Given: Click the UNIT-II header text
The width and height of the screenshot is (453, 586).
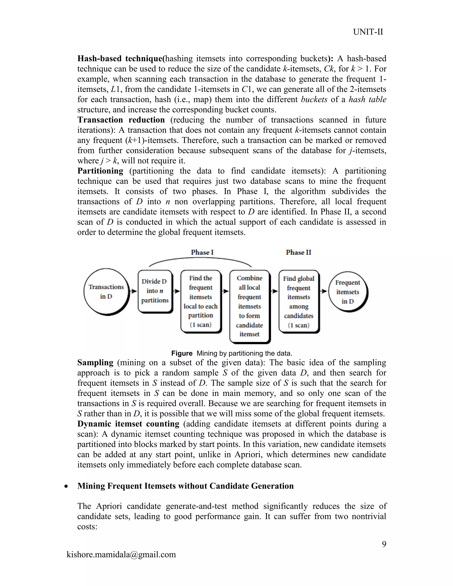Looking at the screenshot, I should pyautogui.click(x=368, y=32).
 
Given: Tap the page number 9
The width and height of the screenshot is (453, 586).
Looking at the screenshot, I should pyautogui.click(x=384, y=544).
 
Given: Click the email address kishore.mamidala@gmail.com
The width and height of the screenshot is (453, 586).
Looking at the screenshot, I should pyautogui.click(x=121, y=554).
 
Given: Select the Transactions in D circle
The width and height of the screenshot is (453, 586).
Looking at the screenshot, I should pyautogui.click(x=106, y=292).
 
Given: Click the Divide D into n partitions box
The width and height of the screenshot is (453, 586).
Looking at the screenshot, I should pyautogui.click(x=155, y=291).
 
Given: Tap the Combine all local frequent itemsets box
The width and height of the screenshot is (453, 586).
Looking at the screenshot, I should pyautogui.click(x=249, y=306).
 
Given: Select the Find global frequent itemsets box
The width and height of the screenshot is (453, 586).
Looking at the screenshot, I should pyautogui.click(x=298, y=301).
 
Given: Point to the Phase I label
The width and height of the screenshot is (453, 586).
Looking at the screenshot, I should pyautogui.click(x=202, y=253).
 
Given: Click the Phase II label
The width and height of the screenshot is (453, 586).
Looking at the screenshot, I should pyautogui.click(x=298, y=253).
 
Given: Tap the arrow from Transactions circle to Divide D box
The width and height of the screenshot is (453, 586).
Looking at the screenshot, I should pyautogui.click(x=133, y=291).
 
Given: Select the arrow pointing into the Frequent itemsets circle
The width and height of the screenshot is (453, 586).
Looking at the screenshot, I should pyautogui.click(x=324, y=291).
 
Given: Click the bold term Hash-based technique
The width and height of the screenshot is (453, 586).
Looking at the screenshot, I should pyautogui.click(x=120, y=59).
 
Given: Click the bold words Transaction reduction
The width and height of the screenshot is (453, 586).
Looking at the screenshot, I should pyautogui.click(x=121, y=120).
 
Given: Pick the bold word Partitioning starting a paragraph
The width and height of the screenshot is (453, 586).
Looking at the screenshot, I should pyautogui.click(x=100, y=171).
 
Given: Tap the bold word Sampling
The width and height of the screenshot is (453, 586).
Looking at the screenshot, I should pyautogui.click(x=95, y=362).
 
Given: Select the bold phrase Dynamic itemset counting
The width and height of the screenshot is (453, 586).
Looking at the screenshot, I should pyautogui.click(x=128, y=424).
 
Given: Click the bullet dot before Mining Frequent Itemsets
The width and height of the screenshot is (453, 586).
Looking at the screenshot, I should pyautogui.click(x=66, y=487).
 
